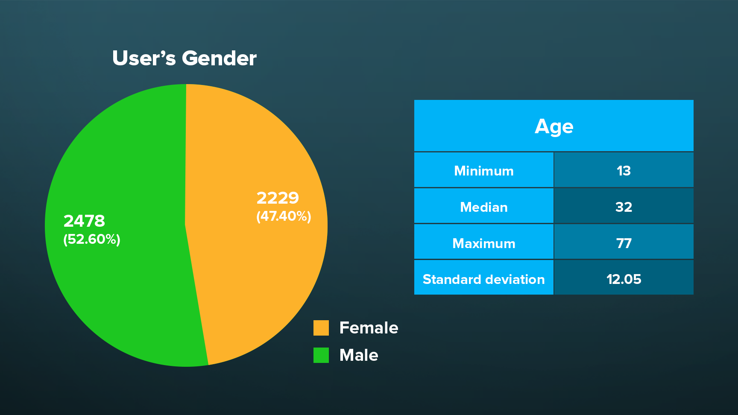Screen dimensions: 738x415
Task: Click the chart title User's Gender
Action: point(184,58)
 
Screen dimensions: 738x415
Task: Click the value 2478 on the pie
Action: point(84,221)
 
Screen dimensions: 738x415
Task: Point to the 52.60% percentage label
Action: point(92,239)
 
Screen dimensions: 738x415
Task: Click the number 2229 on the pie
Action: point(278,198)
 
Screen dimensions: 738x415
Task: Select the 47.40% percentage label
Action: point(284,216)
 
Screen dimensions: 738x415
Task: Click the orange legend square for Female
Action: point(321,328)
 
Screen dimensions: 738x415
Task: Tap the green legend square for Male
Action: point(321,355)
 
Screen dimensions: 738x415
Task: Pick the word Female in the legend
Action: point(369,328)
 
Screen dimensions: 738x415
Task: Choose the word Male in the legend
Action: point(359,355)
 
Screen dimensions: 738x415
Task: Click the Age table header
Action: point(554,126)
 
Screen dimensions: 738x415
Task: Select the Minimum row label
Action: point(484,171)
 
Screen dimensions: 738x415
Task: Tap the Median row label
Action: point(484,207)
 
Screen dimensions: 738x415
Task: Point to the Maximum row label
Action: point(484,243)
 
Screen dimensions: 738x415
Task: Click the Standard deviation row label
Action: point(484,279)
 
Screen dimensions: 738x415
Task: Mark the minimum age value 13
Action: point(624,171)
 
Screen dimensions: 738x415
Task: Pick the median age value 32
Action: point(624,207)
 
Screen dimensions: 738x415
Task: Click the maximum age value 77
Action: point(624,243)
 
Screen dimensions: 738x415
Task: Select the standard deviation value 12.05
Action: point(624,279)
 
